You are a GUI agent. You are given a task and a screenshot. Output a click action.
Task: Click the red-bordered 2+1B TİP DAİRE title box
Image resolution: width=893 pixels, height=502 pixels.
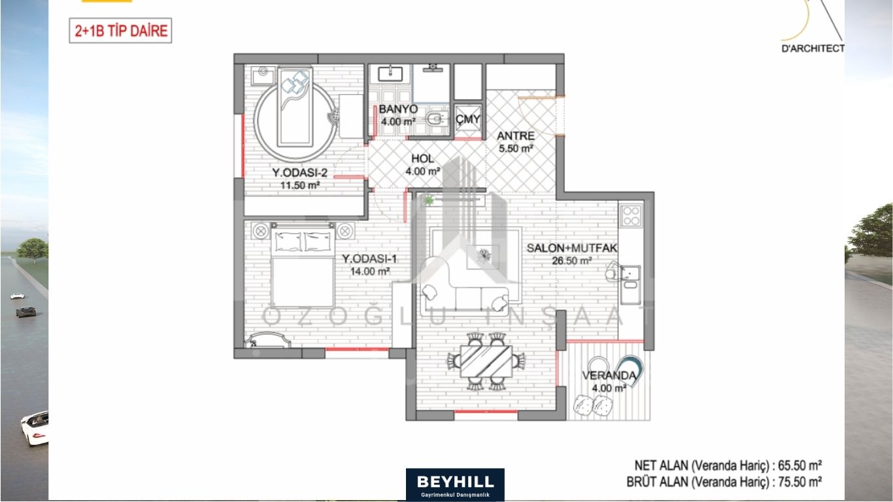click(x=120, y=30)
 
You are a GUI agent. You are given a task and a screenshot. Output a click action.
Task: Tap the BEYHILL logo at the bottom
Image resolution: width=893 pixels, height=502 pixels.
click(x=455, y=484)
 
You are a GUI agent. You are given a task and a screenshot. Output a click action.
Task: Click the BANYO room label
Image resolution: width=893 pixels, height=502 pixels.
click(x=398, y=109)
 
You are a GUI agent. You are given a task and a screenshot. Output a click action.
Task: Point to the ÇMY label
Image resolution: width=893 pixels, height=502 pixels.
click(x=468, y=119)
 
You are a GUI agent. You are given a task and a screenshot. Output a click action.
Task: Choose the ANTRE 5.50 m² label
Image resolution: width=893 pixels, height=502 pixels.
click(x=516, y=142)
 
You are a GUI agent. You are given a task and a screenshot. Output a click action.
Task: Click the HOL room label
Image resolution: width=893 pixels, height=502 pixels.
click(x=422, y=158)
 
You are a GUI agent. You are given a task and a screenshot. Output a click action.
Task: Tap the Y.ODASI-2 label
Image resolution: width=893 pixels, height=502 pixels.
click(x=300, y=173)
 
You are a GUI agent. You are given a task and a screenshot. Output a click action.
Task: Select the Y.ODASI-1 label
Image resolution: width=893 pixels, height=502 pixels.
click(x=369, y=259)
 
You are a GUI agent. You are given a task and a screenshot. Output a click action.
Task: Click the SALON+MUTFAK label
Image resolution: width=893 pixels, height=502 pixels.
click(x=572, y=248)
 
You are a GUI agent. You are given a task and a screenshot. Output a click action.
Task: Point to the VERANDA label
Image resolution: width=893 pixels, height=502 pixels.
click(x=609, y=376)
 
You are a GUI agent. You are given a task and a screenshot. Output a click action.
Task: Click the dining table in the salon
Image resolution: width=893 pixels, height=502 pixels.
click(x=486, y=361)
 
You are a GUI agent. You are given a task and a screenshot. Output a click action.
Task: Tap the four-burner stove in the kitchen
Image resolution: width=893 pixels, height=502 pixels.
click(x=631, y=216)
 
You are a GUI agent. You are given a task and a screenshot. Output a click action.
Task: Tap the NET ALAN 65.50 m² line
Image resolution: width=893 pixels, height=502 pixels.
click(x=728, y=465)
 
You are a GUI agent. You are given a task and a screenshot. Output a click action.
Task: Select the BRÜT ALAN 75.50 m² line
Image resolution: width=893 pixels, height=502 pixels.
click(x=724, y=482)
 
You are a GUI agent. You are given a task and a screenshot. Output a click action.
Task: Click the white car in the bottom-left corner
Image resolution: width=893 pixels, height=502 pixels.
click(x=35, y=428)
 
